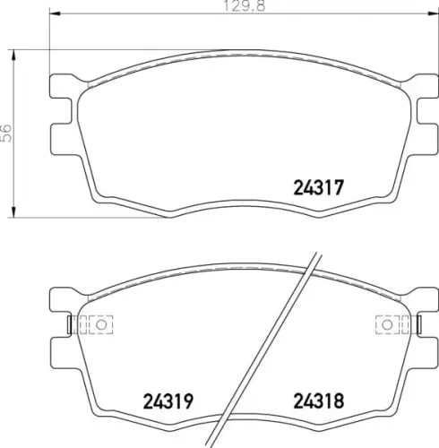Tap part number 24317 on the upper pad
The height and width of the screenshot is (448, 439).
(318, 189)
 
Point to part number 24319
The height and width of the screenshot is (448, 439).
(170, 400)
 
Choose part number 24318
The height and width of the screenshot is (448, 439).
(318, 400)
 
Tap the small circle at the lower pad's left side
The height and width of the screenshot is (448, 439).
(101, 323)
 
